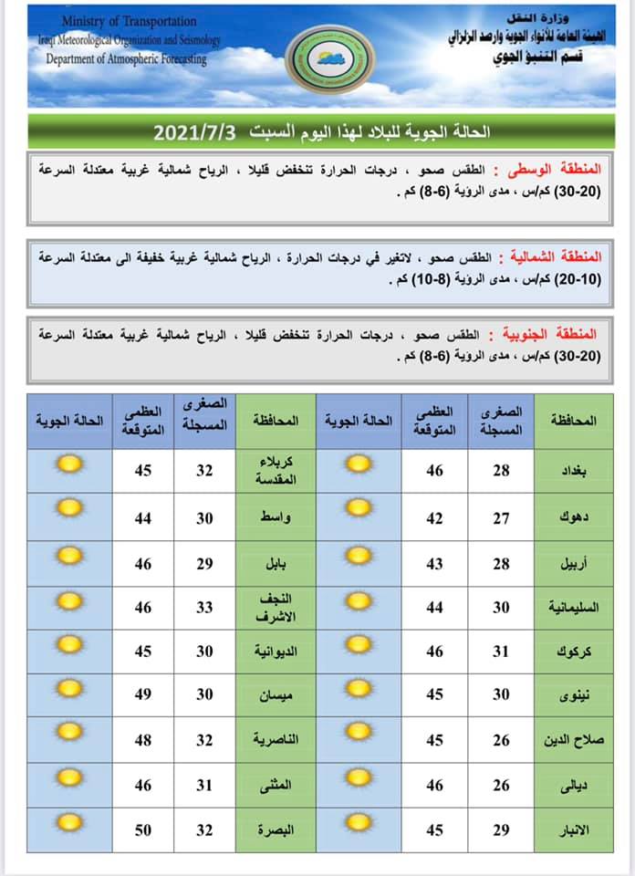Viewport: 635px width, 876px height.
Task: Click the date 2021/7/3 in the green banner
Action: [194, 132]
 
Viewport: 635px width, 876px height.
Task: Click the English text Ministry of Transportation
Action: [130, 21]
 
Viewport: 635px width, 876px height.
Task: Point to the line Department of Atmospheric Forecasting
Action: [127, 59]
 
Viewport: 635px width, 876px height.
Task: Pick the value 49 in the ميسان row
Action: [142, 694]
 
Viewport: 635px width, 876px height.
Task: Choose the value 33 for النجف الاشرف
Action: [205, 605]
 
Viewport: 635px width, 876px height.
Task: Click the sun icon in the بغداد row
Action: [359, 464]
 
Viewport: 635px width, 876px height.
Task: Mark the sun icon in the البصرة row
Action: [68, 823]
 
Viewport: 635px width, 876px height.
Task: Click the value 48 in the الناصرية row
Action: [142, 739]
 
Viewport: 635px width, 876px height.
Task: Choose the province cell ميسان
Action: [275, 694]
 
